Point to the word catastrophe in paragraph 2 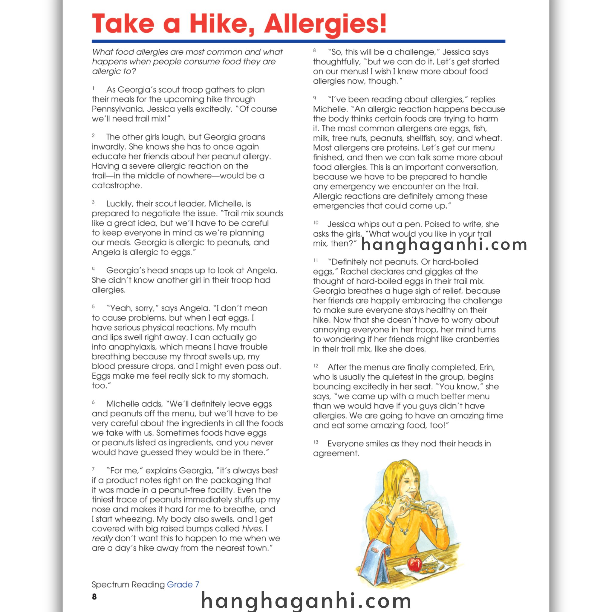click(116, 185)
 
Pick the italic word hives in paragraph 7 click(252, 529)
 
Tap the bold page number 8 click(94, 597)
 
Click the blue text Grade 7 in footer click(183, 585)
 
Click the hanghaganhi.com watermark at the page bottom click(306, 600)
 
